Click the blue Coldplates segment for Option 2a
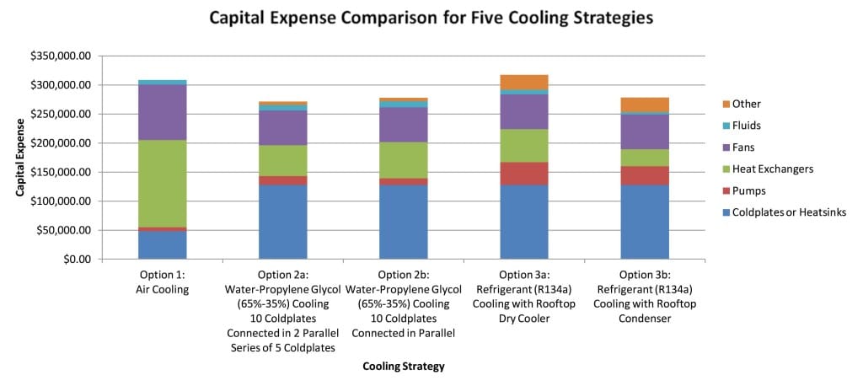click(x=282, y=222)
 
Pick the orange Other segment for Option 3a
click(x=524, y=82)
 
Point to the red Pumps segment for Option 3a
click(x=524, y=174)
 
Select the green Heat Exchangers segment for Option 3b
click(x=645, y=158)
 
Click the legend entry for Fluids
click(x=746, y=126)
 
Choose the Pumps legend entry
click(x=748, y=190)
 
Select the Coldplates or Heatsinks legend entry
click(x=785, y=212)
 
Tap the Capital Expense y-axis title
click(x=20, y=158)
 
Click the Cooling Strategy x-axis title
click(x=403, y=367)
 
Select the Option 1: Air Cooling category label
click(x=162, y=281)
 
